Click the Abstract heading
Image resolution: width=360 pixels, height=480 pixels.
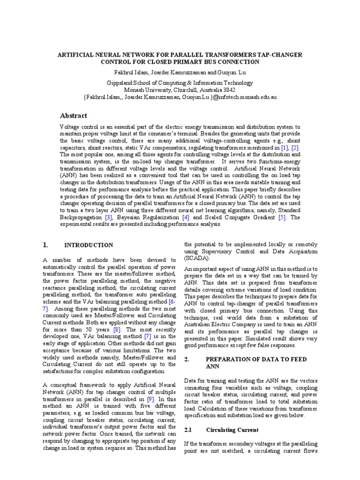73,116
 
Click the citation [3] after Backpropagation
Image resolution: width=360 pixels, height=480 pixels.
109,218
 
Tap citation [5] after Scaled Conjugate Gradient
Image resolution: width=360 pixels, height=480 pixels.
282,218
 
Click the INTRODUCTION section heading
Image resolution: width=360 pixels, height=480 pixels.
89,245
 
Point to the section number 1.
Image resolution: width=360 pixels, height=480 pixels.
45,245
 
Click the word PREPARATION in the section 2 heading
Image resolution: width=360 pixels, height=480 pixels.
229,359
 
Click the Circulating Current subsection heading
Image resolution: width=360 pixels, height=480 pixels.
232,429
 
